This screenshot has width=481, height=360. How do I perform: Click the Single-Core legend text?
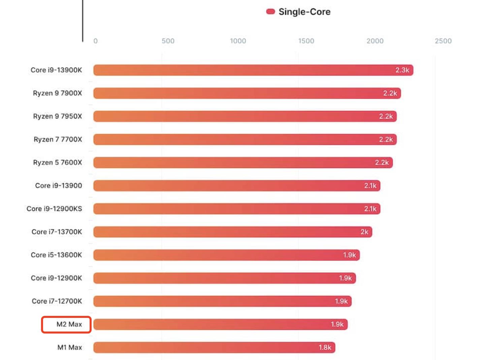pyautogui.click(x=304, y=12)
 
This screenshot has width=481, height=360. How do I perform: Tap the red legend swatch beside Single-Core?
pyautogui.click(x=270, y=12)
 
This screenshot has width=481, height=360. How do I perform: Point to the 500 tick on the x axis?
pyautogui.click(x=168, y=41)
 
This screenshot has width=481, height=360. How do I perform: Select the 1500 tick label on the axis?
pyautogui.click(x=306, y=41)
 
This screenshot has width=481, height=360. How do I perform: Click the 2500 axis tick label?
pyautogui.click(x=443, y=41)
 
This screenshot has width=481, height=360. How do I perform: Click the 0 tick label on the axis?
pyautogui.click(x=95, y=41)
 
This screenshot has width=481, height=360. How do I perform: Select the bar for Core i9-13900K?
pyautogui.click(x=253, y=70)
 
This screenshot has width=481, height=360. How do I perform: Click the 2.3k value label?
pyautogui.click(x=402, y=70)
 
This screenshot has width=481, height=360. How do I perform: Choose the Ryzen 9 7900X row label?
pyautogui.click(x=57, y=93)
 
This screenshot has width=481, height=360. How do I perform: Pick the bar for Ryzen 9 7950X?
pyautogui.click(x=245, y=116)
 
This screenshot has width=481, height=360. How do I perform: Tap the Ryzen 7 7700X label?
pyautogui.click(x=58, y=139)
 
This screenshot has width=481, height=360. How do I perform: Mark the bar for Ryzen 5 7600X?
pyautogui.click(x=243, y=162)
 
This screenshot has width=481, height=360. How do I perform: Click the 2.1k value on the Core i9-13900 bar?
pyautogui.click(x=370, y=186)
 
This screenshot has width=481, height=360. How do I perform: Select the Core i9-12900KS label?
pyautogui.click(x=54, y=209)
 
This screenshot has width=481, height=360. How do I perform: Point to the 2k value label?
pyautogui.click(x=364, y=232)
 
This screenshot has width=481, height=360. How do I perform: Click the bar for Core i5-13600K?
pyautogui.click(x=226, y=255)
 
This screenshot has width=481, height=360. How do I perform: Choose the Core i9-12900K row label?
pyautogui.click(x=56, y=278)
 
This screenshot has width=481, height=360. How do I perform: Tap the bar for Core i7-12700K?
pyautogui.click(x=222, y=301)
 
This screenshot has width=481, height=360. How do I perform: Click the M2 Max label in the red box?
pyautogui.click(x=69, y=324)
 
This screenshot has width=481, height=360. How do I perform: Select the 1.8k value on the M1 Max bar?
pyautogui.click(x=325, y=348)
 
